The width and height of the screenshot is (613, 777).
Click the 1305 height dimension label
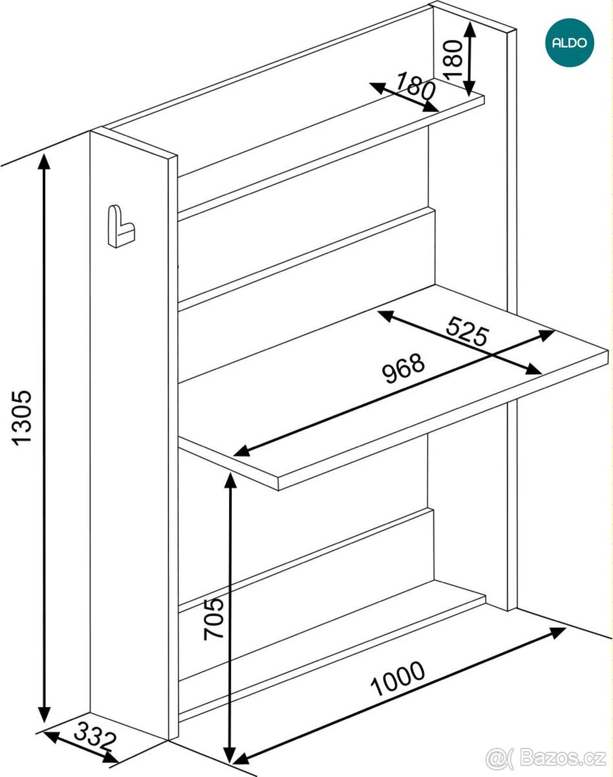click(23, 418)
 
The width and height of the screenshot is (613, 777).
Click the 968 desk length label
click(403, 368)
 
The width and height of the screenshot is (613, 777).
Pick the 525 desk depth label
click(467, 331)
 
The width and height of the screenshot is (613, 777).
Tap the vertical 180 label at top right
click(452, 60)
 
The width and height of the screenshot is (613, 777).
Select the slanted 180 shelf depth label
click(416, 86)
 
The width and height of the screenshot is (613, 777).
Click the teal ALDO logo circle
click(570, 43)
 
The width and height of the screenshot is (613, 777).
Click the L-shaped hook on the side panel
click(121, 227)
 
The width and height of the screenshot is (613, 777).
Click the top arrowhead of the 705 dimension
click(230, 480)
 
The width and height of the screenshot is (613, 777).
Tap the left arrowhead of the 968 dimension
click(242, 451)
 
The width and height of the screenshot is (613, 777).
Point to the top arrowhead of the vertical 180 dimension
click(469, 30)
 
